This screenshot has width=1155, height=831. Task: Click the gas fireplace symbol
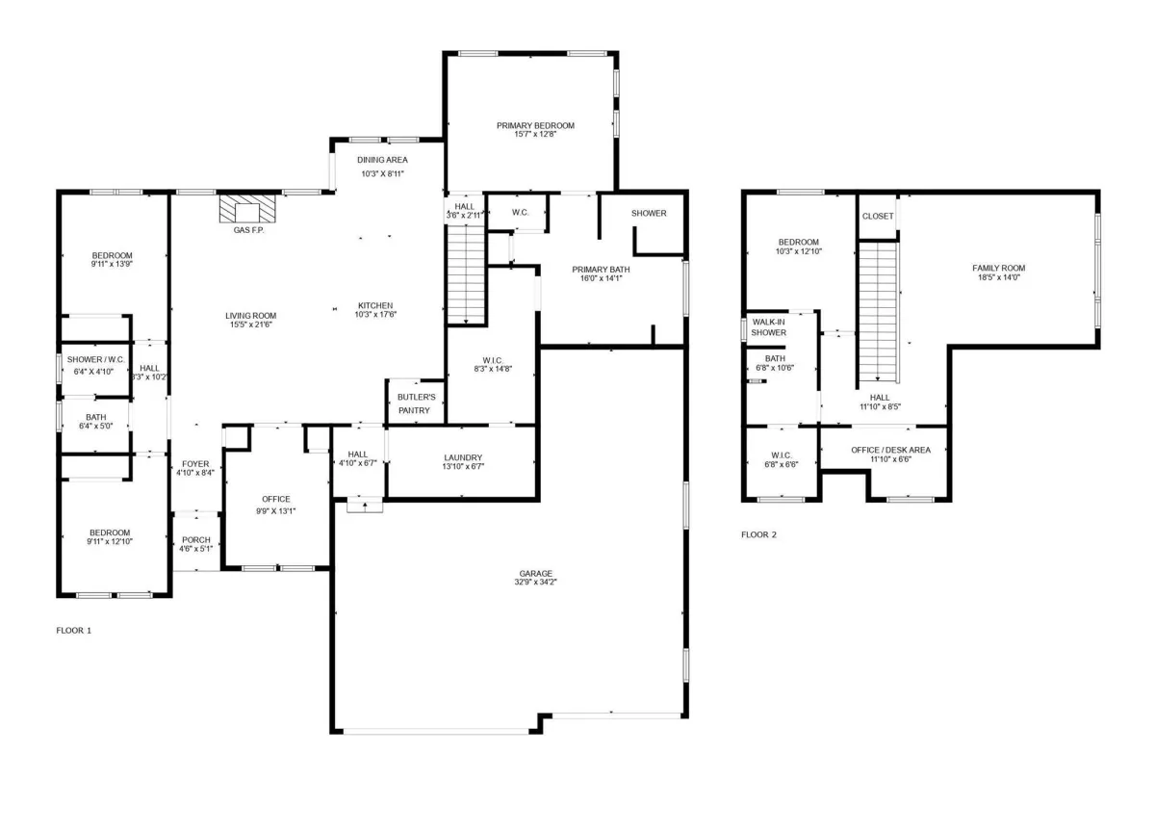point(247,208)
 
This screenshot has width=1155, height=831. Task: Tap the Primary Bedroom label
point(535,126)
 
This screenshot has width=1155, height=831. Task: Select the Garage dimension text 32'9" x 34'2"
point(536,583)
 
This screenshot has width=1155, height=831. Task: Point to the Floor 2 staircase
point(878,311)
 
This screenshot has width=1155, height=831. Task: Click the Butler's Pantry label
point(416,403)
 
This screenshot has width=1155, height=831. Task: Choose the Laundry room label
point(463,457)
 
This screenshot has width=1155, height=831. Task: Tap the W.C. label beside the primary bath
point(521,213)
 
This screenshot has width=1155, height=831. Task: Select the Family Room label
point(999,269)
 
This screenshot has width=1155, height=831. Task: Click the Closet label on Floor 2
point(878,216)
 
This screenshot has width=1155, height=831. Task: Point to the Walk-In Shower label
point(769,327)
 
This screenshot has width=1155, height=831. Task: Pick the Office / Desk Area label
point(891,451)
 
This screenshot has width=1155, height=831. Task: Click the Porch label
point(196,540)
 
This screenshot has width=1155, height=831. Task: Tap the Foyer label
point(195,464)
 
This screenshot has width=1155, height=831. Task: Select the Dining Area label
point(382,160)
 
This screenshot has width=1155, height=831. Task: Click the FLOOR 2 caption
point(758,535)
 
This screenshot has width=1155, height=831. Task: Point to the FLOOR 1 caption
point(74,631)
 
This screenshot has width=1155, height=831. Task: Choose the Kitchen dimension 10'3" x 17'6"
point(375,314)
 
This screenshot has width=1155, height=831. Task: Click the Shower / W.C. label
point(96,359)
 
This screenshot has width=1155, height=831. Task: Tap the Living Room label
point(250,316)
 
